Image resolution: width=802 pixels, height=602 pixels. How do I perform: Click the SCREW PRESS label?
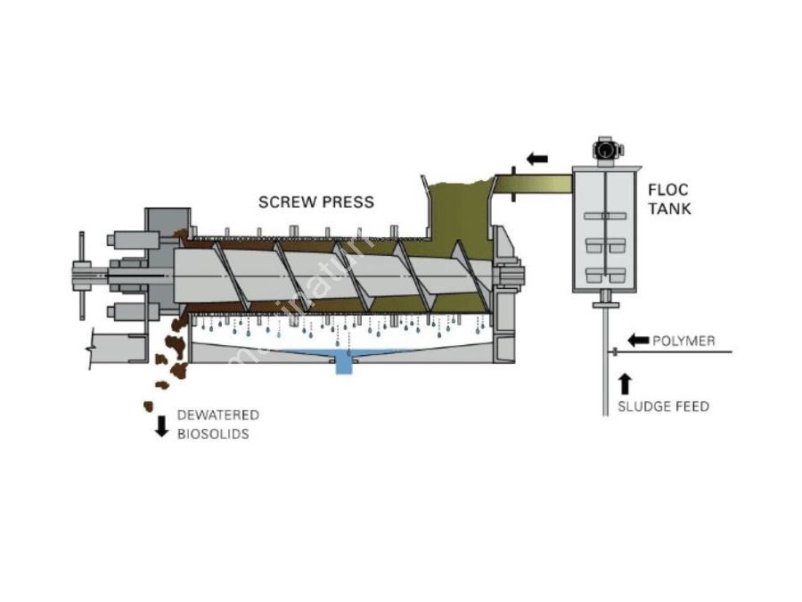[316, 202]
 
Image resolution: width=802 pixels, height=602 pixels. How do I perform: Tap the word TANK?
[669, 209]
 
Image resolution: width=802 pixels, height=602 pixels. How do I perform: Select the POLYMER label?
[683, 341]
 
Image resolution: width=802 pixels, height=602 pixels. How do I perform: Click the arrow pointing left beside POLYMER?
[638, 340]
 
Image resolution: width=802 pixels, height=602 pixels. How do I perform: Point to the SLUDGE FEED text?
[664, 407]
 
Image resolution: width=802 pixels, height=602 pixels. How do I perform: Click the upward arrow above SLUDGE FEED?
[625, 383]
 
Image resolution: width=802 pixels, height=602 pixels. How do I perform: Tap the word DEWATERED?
[218, 416]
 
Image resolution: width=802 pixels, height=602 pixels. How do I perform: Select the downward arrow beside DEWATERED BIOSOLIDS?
[162, 425]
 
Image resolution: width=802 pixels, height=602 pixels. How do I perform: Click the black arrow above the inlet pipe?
[536, 159]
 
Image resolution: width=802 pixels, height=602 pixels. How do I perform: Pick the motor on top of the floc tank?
[607, 149]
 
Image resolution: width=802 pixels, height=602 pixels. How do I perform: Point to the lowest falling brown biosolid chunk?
[148, 407]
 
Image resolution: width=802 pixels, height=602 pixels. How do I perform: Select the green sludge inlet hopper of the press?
[460, 210]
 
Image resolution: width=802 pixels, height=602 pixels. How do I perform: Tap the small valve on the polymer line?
[615, 352]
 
